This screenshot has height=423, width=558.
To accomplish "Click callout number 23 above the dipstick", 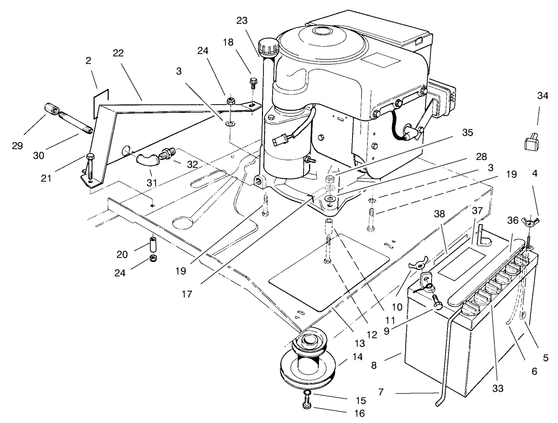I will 241,21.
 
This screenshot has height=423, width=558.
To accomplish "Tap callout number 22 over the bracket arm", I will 119,53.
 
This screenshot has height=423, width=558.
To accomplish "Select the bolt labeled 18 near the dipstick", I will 253,82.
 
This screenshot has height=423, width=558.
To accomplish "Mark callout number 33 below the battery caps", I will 498,388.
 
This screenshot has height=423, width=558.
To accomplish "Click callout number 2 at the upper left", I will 88,62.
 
